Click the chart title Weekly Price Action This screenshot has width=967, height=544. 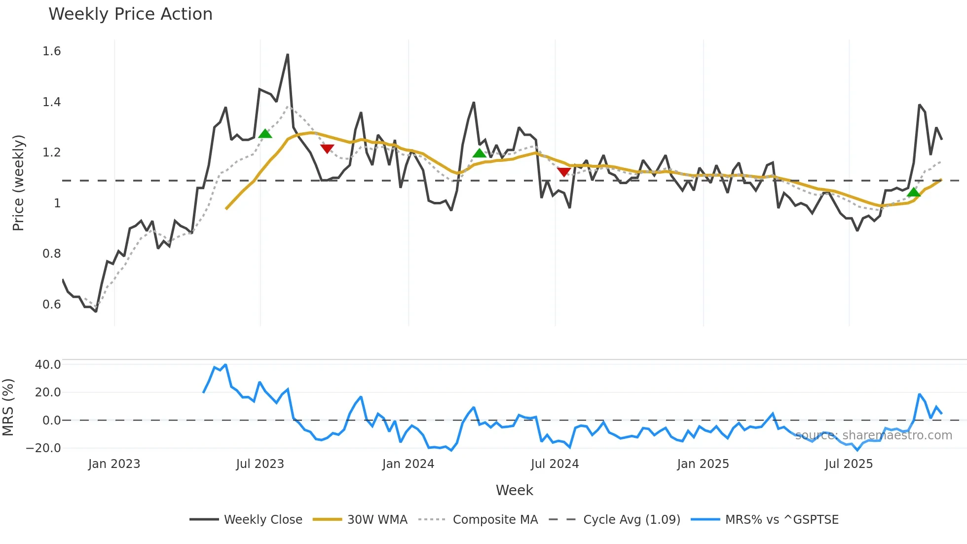point(130,14)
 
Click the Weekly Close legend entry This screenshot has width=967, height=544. point(262,519)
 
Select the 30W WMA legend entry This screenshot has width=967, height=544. point(377,519)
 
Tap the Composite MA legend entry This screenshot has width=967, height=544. point(495,519)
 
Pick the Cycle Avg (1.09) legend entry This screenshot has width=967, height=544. point(631,519)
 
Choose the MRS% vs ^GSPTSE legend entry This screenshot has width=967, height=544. point(781,519)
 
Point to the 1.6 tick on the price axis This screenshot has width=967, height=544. point(52,51)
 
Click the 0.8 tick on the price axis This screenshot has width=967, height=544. point(52,254)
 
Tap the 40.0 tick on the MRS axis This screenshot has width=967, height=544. point(48,365)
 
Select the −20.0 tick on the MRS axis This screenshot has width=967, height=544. point(44,448)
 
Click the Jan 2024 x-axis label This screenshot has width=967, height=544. point(408,464)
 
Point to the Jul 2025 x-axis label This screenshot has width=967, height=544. point(849,464)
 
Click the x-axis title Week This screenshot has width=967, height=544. point(514,490)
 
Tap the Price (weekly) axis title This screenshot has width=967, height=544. point(18,183)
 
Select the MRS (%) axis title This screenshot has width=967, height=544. point(8,407)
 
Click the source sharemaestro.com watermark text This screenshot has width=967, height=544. point(873,435)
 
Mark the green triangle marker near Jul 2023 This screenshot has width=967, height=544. point(265,134)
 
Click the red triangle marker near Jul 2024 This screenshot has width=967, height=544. point(563,172)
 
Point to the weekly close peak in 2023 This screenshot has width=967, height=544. point(288,55)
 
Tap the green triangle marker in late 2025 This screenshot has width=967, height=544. point(913,192)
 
